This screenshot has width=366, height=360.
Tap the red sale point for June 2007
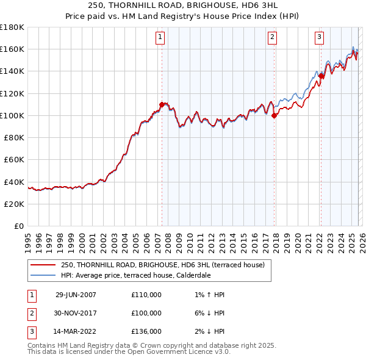pos(162,104)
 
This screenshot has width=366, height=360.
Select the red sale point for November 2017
pos(274,115)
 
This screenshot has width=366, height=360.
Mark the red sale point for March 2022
pos(321,76)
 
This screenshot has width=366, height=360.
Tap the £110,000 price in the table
pos(146,295)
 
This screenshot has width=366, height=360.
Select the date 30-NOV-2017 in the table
pos(76,313)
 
